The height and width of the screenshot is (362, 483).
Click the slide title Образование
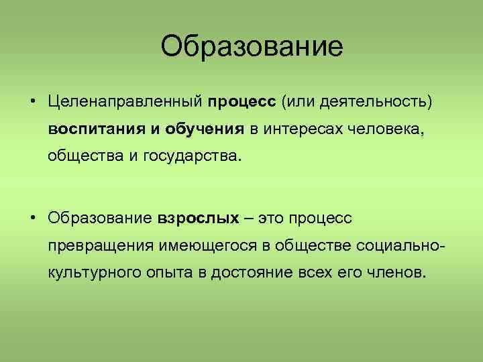pyautogui.click(x=252, y=46)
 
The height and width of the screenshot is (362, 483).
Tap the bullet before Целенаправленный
pyautogui.click(x=33, y=102)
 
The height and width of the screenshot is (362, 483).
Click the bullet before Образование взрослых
pyautogui.click(x=33, y=218)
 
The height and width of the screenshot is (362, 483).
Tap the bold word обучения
pyautogui.click(x=205, y=129)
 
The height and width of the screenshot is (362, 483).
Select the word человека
pyautogui.click(x=392, y=129)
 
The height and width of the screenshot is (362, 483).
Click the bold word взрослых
pyautogui.click(x=199, y=218)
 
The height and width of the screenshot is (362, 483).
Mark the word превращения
pyautogui.click(x=101, y=245)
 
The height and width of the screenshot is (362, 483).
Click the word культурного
pyautogui.click(x=95, y=273)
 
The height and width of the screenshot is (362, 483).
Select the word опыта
pyautogui.click(x=170, y=273)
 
